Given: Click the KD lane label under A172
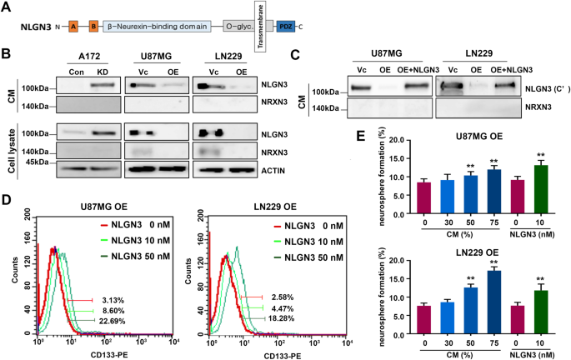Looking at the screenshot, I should pyautogui.click(x=99, y=72).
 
